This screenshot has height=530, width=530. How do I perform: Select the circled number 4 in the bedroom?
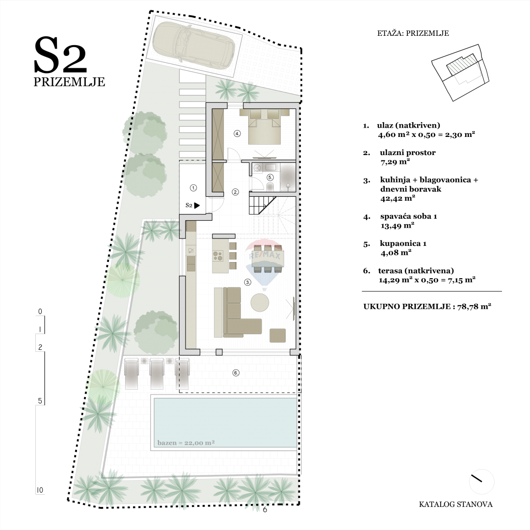click(x=237, y=133)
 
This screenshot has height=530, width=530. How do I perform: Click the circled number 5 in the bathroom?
click(x=270, y=177)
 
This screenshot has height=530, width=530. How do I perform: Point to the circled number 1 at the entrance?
click(x=193, y=187)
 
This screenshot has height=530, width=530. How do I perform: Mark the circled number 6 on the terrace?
click(x=236, y=373)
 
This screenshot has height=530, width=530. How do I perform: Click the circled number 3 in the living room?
click(x=248, y=282)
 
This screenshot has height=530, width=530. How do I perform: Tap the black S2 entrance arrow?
click(x=197, y=206)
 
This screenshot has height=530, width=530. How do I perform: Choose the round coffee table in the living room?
click(x=260, y=303)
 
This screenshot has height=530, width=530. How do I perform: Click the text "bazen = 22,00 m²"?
click(x=186, y=443)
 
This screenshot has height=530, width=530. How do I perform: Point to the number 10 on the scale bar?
click(x=40, y=490)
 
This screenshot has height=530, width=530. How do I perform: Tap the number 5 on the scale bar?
click(x=40, y=401)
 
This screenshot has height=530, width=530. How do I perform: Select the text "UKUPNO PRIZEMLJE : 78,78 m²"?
click(x=427, y=306)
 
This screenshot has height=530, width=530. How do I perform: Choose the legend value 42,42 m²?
click(x=397, y=199)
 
